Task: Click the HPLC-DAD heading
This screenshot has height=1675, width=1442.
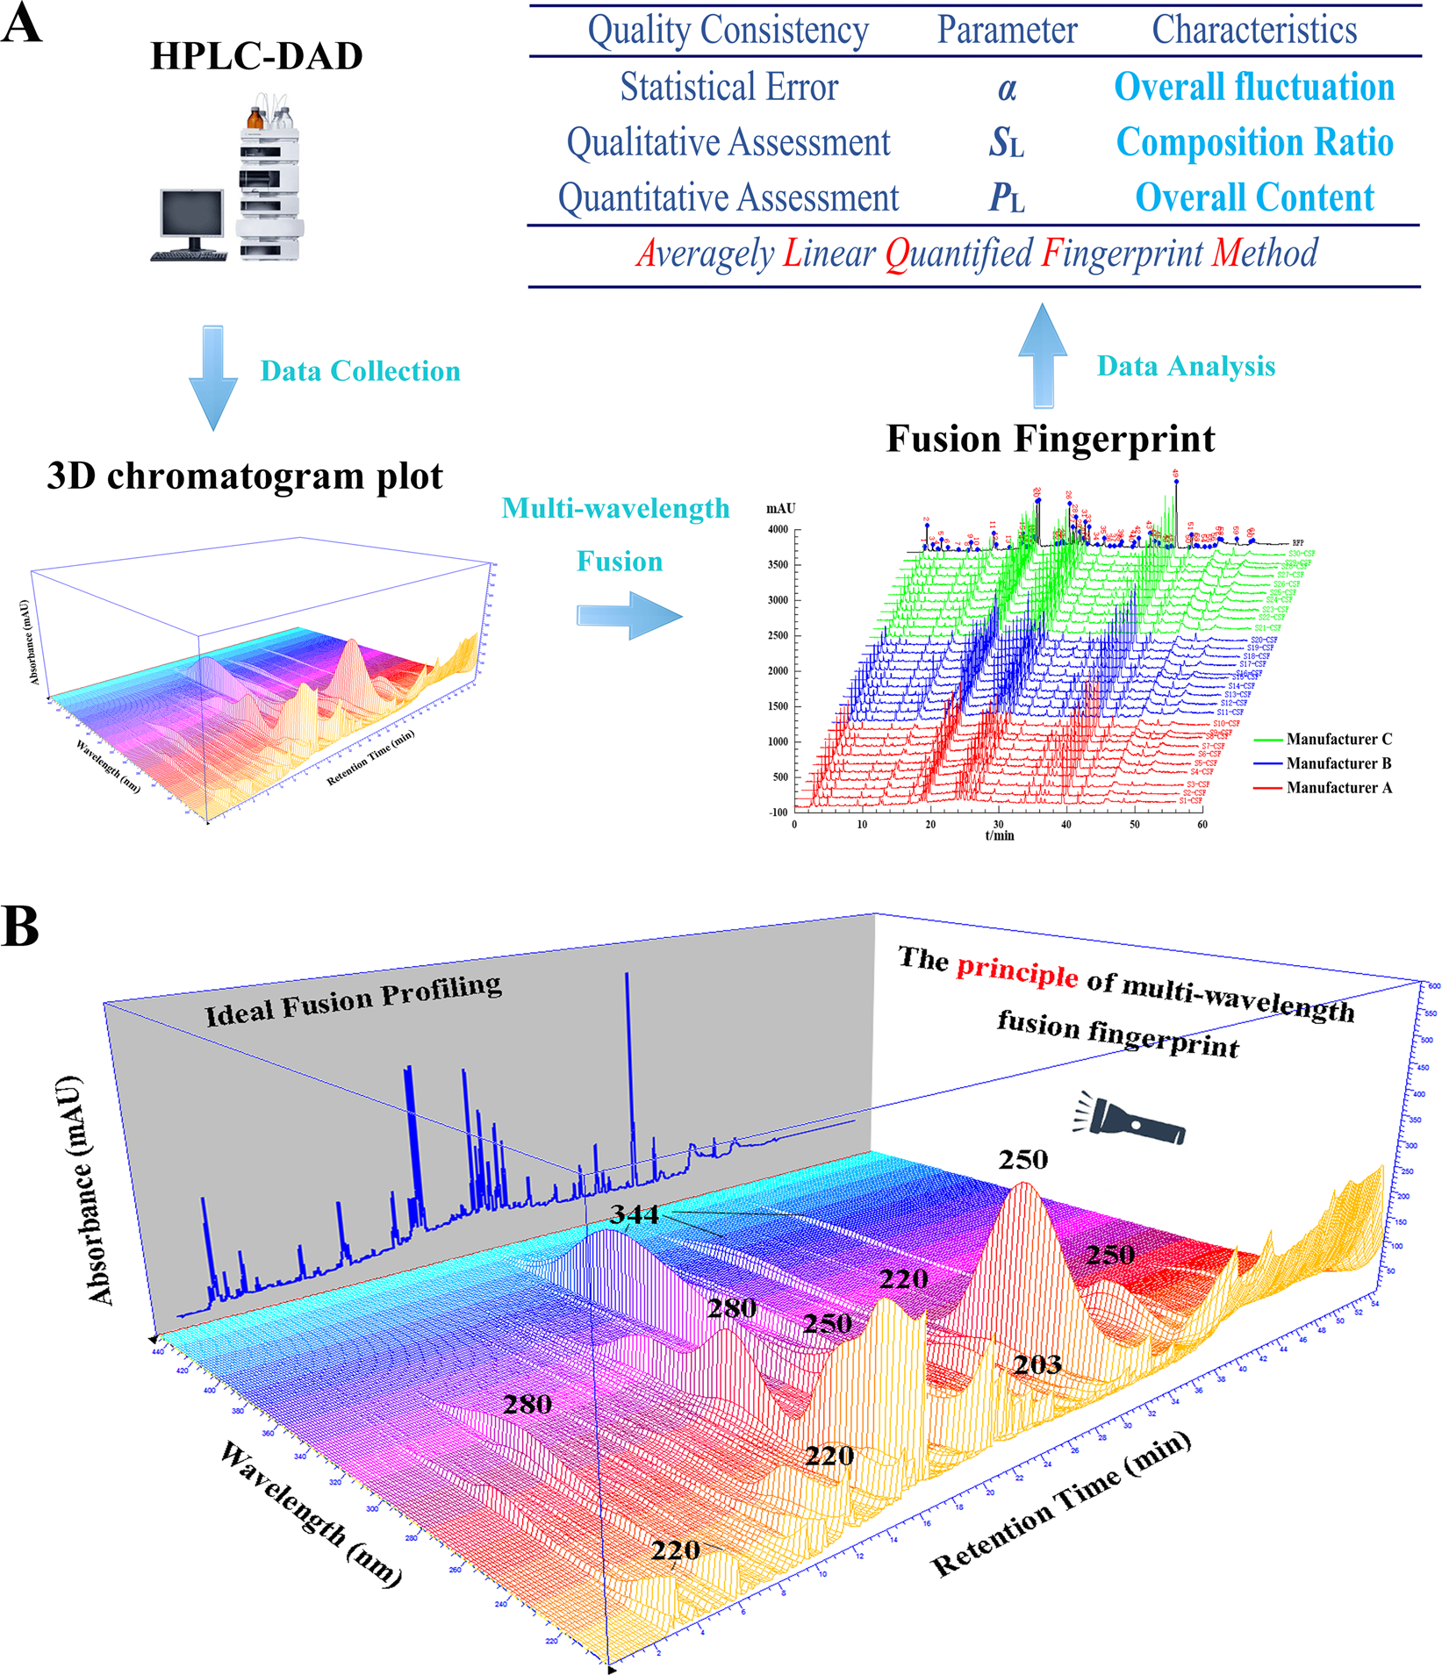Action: click(x=256, y=56)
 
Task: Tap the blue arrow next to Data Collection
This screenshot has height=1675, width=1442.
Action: click(x=213, y=377)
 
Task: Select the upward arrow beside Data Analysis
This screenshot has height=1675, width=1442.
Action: click(x=1043, y=355)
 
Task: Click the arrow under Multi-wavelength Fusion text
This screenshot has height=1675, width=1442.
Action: click(x=629, y=615)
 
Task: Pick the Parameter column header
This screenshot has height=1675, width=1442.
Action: click(x=1007, y=31)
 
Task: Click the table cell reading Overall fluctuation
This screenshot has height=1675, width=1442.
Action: click(x=1253, y=87)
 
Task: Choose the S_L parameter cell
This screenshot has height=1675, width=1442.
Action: click(x=1006, y=142)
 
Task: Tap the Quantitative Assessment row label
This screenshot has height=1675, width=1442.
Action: click(x=728, y=198)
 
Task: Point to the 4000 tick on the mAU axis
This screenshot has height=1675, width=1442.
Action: click(x=778, y=530)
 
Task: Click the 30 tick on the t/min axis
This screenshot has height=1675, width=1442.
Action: click(x=998, y=824)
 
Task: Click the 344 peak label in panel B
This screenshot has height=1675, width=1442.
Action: click(x=634, y=1214)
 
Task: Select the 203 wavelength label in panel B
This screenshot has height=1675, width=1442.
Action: click(x=1037, y=1364)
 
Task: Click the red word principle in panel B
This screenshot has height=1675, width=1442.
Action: click(x=1016, y=971)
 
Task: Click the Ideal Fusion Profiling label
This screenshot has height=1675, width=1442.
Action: click(x=354, y=1000)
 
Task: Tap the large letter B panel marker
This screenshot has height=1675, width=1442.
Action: click(x=21, y=926)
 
